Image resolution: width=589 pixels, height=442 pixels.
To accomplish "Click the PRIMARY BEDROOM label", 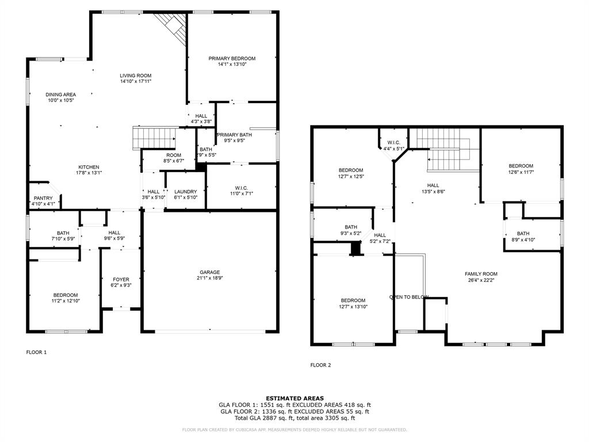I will [x=232, y=58].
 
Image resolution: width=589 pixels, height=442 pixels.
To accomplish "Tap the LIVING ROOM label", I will [x=135, y=75].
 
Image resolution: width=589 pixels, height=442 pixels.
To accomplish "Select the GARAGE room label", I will [x=209, y=272].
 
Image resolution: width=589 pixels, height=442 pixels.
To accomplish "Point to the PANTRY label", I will [x=43, y=198].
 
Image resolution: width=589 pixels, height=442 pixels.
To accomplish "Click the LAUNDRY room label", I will [x=185, y=192].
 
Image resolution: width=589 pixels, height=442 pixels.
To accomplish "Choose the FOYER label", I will [x=121, y=279].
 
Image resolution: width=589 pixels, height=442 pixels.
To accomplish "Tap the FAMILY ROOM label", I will [x=481, y=274].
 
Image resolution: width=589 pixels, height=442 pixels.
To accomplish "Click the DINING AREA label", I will [x=61, y=94].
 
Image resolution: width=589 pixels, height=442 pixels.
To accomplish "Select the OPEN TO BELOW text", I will [x=409, y=297].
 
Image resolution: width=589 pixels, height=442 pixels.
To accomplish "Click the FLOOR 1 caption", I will [x=36, y=352].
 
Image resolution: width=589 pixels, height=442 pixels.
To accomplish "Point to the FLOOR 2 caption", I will [x=320, y=365].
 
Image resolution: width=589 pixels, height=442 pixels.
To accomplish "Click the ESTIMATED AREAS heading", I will [x=294, y=398].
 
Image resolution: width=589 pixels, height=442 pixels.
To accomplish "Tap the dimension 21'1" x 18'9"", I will [x=209, y=279].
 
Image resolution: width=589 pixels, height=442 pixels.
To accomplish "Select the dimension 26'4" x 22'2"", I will [x=481, y=280].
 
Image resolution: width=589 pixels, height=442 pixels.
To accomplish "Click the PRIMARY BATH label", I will [x=234, y=135].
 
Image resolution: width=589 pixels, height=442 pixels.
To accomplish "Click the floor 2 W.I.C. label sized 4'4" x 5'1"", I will [x=393, y=148].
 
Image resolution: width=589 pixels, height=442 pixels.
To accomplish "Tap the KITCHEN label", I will [x=89, y=167].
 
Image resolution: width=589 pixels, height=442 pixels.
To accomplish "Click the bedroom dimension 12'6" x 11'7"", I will [x=521, y=172].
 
